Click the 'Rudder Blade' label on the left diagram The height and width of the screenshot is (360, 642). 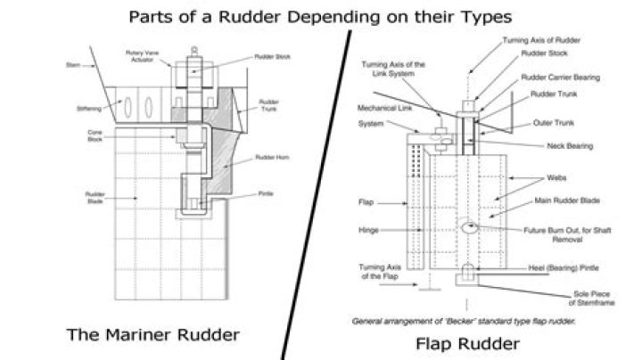click(x=96, y=198)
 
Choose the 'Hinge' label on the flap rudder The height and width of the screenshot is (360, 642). click(x=367, y=229)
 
